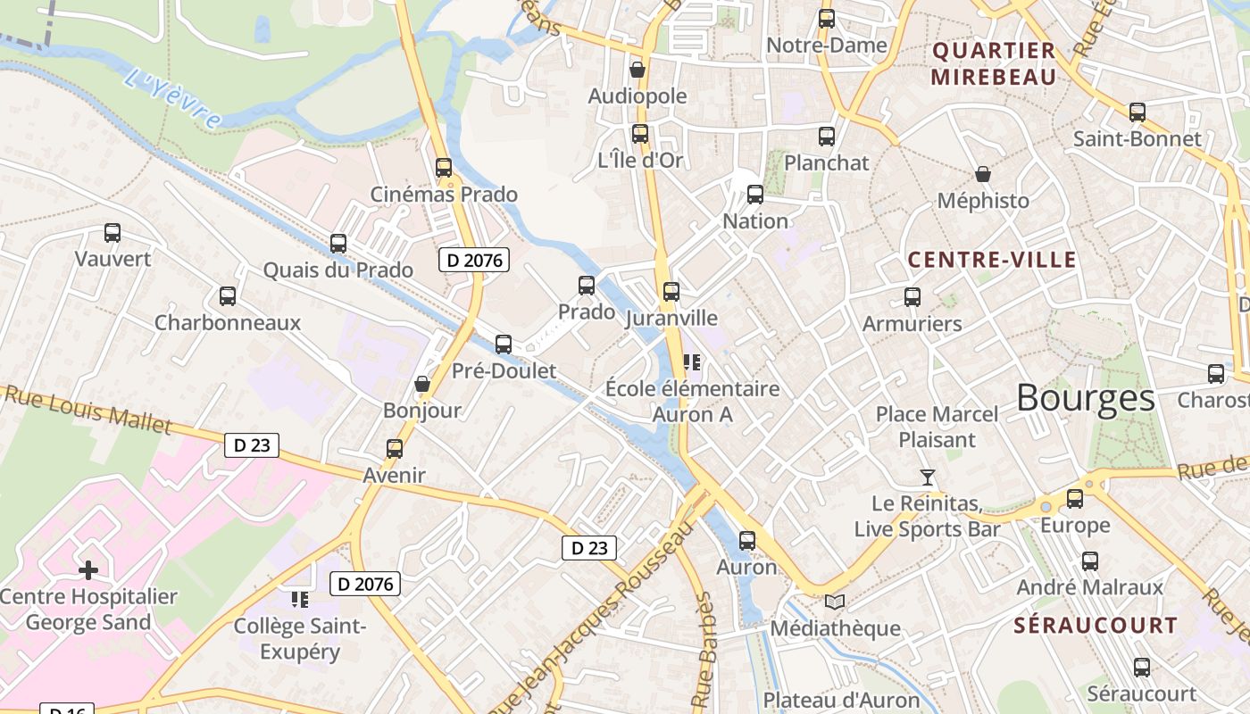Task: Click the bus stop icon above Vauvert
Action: click(112, 233)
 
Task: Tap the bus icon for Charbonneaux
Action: click(228, 296)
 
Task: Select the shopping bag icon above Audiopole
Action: click(637, 70)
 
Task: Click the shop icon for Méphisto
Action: click(983, 174)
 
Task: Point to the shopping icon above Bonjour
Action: click(422, 385)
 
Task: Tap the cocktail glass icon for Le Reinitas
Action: click(928, 477)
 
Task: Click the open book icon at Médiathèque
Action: click(835, 602)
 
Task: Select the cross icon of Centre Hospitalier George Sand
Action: click(88, 569)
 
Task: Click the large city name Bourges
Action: click(1085, 398)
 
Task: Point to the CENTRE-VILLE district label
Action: click(992, 261)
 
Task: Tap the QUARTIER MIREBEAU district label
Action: click(994, 63)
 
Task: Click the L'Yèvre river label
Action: click(173, 99)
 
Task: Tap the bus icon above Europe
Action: click(1075, 499)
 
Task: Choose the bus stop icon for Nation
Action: click(755, 195)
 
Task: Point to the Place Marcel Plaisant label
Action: click(937, 427)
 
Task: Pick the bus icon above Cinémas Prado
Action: click(444, 168)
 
